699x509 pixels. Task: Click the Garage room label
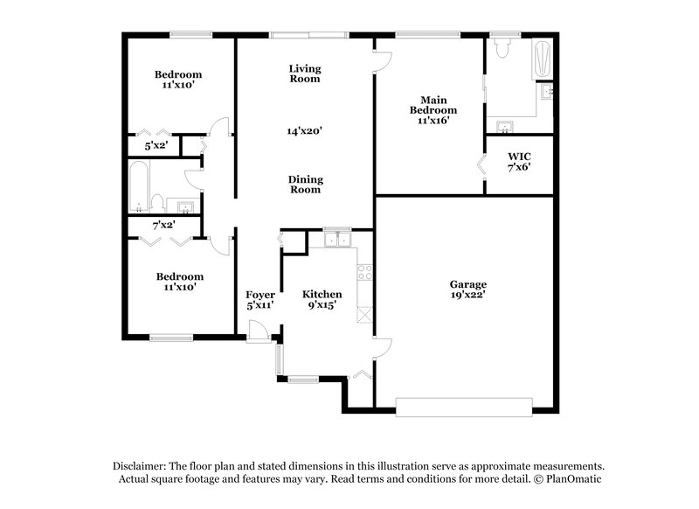click(468, 285)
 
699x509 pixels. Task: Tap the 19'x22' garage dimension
click(468, 296)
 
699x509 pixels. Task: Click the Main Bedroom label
click(434, 105)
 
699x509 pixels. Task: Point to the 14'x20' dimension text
click(305, 131)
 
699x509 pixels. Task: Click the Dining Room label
click(306, 185)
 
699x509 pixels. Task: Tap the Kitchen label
click(322, 295)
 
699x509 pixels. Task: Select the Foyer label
click(260, 295)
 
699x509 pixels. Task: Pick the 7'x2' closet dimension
click(164, 226)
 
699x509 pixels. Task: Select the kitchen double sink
click(336, 238)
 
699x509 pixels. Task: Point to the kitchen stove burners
click(364, 272)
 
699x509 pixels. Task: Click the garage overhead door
click(464, 405)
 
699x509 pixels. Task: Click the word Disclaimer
click(142, 466)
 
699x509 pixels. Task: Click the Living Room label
click(305, 73)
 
